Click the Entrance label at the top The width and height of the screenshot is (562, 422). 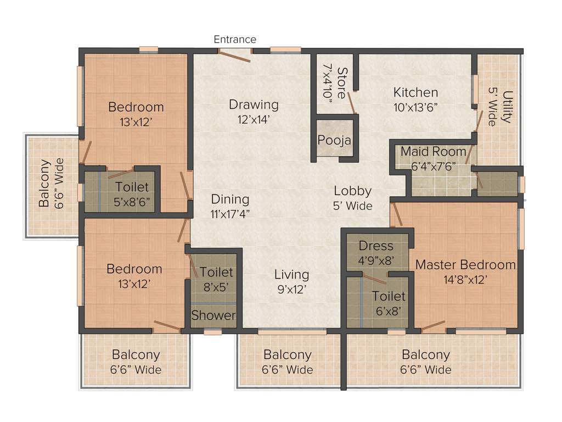click(235, 39)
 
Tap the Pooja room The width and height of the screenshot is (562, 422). click(334, 140)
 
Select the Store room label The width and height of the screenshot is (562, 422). click(342, 82)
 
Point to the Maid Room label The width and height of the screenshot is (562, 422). click(433, 151)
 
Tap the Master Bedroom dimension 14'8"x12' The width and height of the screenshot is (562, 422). click(465, 279)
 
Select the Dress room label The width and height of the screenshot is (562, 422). click(376, 246)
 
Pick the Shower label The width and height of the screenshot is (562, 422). click(213, 315)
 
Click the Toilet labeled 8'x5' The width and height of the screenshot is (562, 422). click(216, 272)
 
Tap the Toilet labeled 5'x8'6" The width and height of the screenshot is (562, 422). click(132, 187)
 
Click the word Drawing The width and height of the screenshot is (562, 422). click(254, 104)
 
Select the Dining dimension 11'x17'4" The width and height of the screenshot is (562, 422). click(231, 214)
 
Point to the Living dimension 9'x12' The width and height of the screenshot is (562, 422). click(291, 289)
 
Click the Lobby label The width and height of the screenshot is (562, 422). click(353, 191)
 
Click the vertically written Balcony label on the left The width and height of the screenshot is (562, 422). click(44, 183)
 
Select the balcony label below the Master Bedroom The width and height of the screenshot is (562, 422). click(426, 355)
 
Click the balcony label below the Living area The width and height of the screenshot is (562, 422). click(288, 355)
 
